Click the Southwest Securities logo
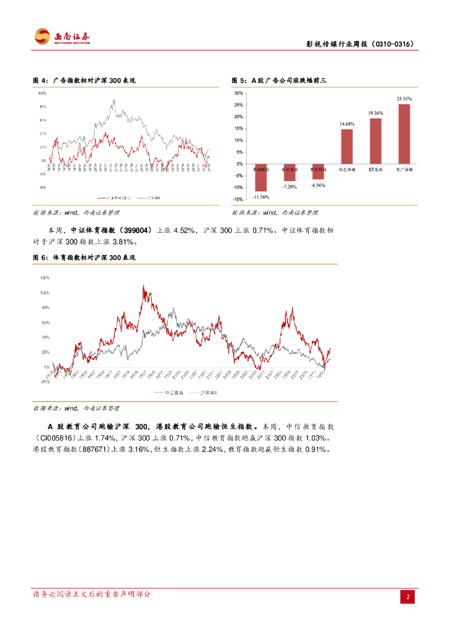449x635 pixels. coord(61,37)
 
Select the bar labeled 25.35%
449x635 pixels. coord(404,134)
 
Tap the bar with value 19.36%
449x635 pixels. coord(375,141)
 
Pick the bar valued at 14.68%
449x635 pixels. coord(347,146)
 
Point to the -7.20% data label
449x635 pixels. coord(289,187)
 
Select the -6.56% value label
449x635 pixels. coord(318,185)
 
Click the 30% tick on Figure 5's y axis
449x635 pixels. coord(238,93)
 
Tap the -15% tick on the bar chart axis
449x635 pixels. coord(238,199)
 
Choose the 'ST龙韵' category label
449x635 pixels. coord(376,169)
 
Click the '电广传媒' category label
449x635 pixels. coord(404,169)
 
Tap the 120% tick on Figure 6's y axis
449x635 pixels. coord(43,277)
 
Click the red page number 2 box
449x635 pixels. coord(408,597)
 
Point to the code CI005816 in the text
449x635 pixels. coord(57,438)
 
